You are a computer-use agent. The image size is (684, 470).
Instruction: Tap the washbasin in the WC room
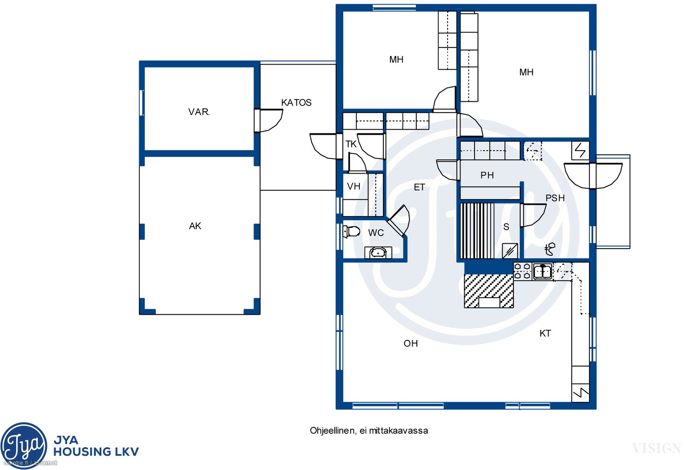(378, 253)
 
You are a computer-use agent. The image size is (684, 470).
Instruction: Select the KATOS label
(296, 103)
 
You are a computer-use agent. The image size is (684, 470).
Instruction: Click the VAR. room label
(199, 112)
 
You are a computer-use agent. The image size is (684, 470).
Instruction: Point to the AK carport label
(195, 226)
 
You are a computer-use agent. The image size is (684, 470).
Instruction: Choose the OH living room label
(410, 343)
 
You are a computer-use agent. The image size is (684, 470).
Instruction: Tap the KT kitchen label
(545, 333)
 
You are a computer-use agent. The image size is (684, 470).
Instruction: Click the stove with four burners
(522, 271)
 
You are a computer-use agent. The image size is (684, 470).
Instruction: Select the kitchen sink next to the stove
(542, 271)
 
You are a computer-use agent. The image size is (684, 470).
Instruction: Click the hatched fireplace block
(489, 291)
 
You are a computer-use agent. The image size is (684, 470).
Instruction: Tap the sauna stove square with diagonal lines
(510, 251)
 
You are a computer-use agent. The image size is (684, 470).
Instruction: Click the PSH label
(555, 198)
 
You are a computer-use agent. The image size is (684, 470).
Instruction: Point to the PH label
(487, 175)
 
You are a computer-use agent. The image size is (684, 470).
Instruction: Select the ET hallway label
(419, 187)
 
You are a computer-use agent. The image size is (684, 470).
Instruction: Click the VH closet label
(354, 186)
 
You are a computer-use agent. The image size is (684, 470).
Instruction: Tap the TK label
(351, 144)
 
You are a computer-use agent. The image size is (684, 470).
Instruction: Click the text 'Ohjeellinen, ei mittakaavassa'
(369, 431)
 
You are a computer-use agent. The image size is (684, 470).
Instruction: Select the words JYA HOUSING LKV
(96, 446)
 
